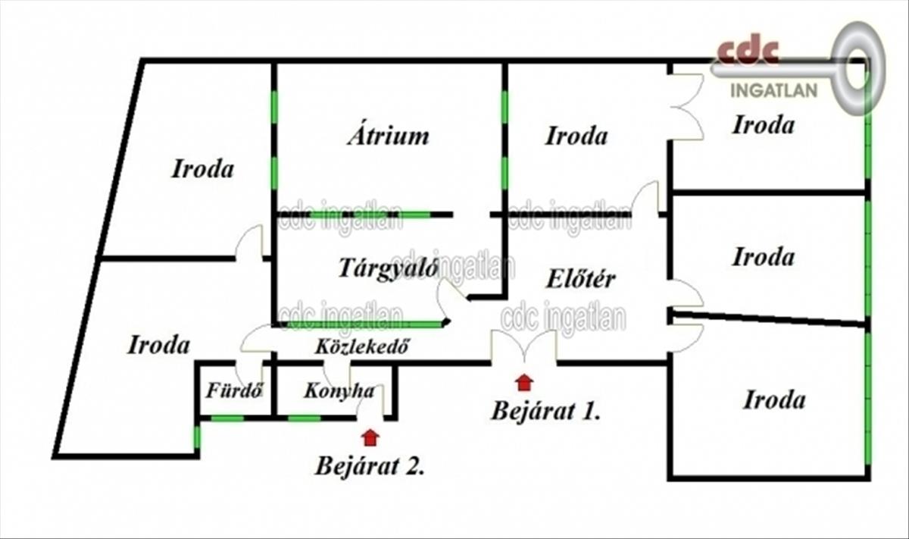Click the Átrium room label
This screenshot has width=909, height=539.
pyautogui.click(x=388, y=136)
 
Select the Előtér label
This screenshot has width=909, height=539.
pyautogui.click(x=581, y=278)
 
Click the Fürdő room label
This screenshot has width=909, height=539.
pyautogui.click(x=234, y=391)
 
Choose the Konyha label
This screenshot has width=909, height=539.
pyautogui.click(x=339, y=391)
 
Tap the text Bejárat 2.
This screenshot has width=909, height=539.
pyautogui.click(x=370, y=465)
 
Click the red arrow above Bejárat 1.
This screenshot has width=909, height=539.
pyautogui.click(x=523, y=381)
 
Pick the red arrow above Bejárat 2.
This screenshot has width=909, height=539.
pyautogui.click(x=370, y=437)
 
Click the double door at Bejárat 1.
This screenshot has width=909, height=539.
pyautogui.click(x=523, y=347)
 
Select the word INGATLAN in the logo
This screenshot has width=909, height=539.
pyautogui.click(x=773, y=91)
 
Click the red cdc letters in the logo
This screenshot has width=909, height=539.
pyautogui.click(x=748, y=52)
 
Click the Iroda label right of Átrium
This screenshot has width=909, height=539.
pyautogui.click(x=576, y=136)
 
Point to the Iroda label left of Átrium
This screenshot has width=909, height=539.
pyautogui.click(x=202, y=168)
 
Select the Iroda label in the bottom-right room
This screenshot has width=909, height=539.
pyautogui.click(x=773, y=400)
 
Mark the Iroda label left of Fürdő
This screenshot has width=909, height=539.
pyautogui.click(x=158, y=345)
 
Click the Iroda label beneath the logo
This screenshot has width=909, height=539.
pyautogui.click(x=763, y=125)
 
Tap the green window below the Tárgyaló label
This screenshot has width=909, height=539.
pyautogui.click(x=364, y=324)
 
